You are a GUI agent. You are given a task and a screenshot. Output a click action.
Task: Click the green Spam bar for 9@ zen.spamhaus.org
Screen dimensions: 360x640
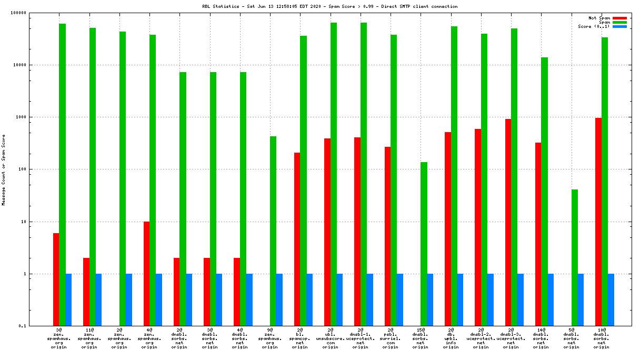(273, 231)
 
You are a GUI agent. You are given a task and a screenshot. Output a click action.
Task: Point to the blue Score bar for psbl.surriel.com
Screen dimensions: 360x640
(400, 300)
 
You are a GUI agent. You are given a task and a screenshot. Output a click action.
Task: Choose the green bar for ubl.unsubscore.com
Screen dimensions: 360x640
(333, 174)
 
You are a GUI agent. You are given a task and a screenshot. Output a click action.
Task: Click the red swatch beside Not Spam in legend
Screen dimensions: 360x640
(619, 18)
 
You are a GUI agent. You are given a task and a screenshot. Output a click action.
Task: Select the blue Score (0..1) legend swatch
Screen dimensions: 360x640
(619, 26)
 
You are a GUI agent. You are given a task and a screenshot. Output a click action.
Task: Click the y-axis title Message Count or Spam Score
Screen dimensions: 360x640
(4, 169)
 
